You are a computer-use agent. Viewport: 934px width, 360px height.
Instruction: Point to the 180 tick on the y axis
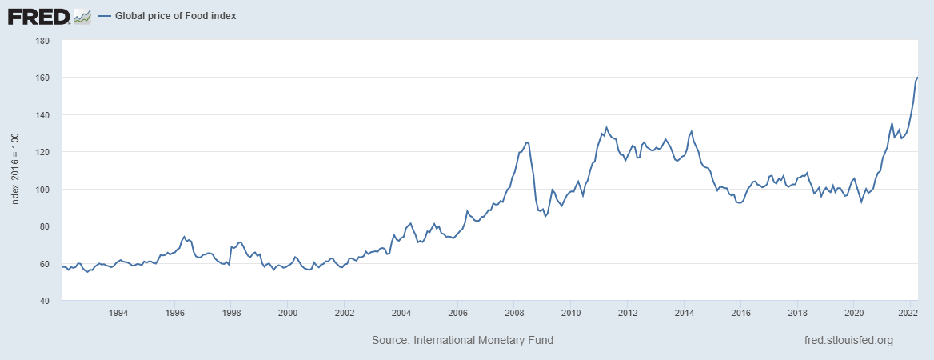tap(43, 41)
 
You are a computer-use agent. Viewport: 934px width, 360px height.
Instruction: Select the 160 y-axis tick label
tap(43, 78)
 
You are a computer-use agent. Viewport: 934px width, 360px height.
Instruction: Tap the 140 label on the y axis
tap(43, 115)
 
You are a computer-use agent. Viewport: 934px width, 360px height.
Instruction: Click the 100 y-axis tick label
tap(43, 190)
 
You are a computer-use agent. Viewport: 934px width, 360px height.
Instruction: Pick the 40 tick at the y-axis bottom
tap(46, 301)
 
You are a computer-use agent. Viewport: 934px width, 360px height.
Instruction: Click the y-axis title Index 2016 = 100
tap(14, 170)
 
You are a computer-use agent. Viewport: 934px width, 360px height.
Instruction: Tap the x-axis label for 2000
tap(287, 313)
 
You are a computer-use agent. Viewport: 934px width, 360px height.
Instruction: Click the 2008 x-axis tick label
tap(513, 313)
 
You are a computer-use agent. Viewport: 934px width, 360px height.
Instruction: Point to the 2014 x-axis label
tap(684, 313)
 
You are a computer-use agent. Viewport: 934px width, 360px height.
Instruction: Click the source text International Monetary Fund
tap(462, 340)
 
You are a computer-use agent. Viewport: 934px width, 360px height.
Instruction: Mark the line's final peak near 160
tap(916, 77)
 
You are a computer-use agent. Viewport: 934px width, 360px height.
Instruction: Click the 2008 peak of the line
tap(526, 142)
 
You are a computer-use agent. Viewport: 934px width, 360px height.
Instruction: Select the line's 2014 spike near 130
tap(691, 131)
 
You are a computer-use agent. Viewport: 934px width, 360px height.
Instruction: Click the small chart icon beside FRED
tap(82, 15)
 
